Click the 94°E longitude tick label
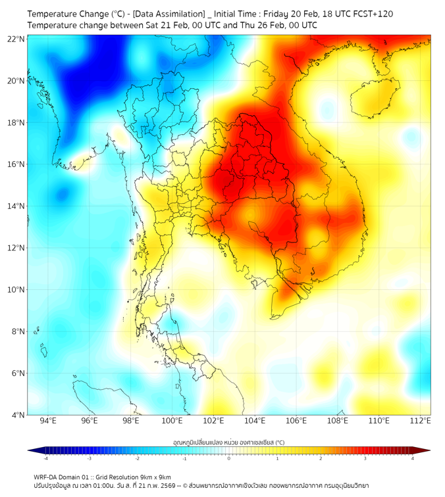point(48,421)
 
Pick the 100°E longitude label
point(172,421)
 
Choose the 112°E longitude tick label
point(421,421)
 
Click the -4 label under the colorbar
point(45,458)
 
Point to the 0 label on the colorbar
point(229,458)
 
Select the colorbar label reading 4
point(413,458)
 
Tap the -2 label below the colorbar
point(136,458)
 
